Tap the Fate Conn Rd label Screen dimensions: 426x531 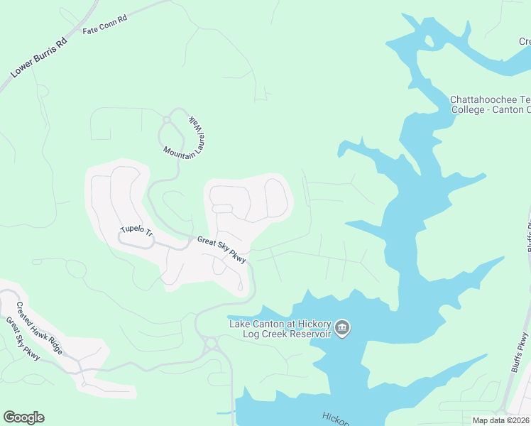[104, 31]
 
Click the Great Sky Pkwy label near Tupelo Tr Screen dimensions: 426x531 [221, 250]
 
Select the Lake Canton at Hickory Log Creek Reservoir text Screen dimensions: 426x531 [280, 329]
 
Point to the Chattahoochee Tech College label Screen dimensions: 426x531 [491, 104]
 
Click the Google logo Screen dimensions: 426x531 [23, 417]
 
